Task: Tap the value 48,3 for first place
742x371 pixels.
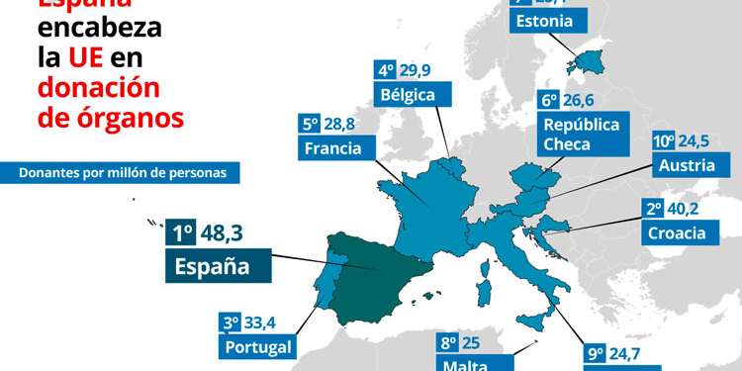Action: tap(221, 233)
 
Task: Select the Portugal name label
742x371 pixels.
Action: tap(257, 346)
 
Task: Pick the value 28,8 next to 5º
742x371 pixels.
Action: tap(340, 125)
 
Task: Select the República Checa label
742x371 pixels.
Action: tap(581, 134)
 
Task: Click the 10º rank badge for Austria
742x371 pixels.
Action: tap(663, 140)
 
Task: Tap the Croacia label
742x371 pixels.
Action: tap(676, 233)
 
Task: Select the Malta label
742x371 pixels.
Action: tap(463, 364)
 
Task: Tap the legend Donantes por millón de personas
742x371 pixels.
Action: tap(123, 172)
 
